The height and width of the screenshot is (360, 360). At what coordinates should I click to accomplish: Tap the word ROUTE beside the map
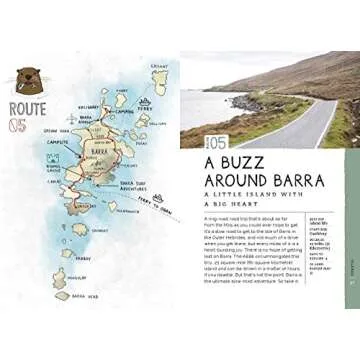(28, 106)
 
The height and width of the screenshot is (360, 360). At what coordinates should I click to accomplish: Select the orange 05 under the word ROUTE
(16, 124)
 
